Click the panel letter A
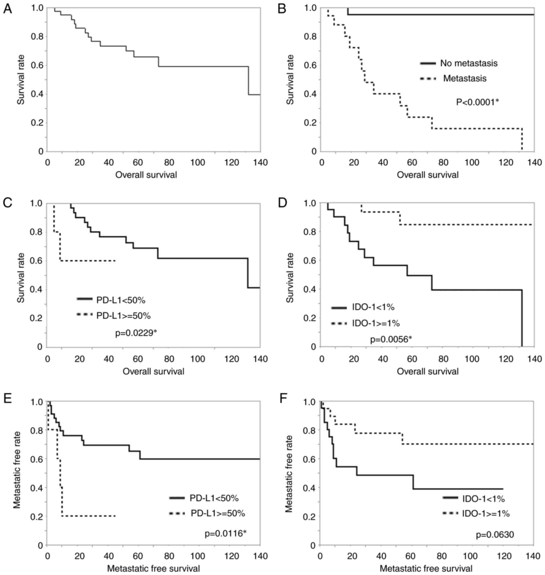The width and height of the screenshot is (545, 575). coord(8,9)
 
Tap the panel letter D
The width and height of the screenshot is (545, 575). coord(282,203)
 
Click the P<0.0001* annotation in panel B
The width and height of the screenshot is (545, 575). coord(477,102)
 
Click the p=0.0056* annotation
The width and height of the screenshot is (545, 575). coord(391,339)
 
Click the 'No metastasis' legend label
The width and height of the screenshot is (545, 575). coord(469,63)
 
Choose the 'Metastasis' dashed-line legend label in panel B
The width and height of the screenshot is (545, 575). coord(465,79)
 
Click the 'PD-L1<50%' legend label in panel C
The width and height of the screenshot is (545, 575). coord(121,300)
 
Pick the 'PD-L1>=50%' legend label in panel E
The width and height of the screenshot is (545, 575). coord(218,513)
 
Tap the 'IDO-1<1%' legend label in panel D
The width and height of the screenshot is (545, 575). coord(373,307)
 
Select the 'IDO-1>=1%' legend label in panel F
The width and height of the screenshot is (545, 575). coord(486,513)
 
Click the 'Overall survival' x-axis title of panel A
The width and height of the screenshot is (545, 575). coord(146,175)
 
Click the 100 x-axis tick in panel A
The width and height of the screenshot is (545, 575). coord(198,162)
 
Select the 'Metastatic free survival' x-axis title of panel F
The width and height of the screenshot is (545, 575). coord(426,568)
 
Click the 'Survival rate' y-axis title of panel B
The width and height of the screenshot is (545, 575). coord(290,79)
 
